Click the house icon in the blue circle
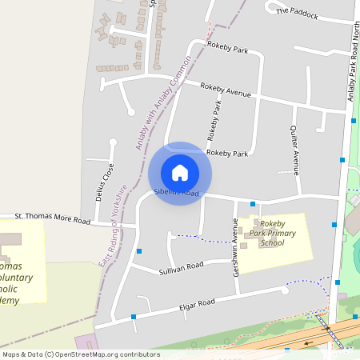(180, 173)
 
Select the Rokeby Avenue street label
(226, 90)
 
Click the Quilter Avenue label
(294, 150)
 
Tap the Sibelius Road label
(176, 193)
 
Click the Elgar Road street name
(196, 306)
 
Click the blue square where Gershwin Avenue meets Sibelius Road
(253, 204)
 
